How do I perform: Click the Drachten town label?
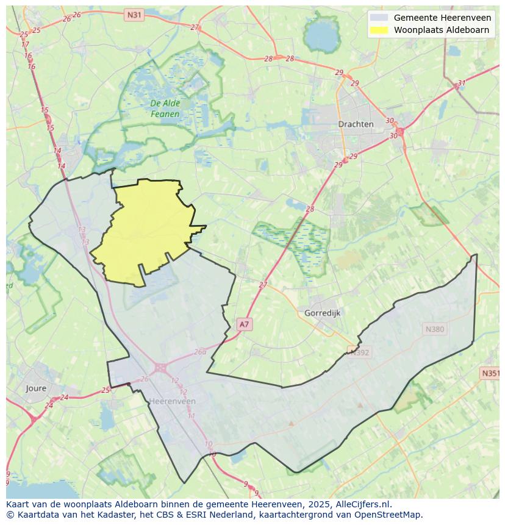click(x=356, y=124)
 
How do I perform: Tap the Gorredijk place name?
click(x=322, y=313)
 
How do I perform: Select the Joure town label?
click(x=36, y=388)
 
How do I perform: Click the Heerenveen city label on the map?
click(x=172, y=401)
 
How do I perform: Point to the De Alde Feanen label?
click(x=165, y=109)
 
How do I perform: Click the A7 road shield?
click(x=244, y=324)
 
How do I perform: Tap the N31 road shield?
click(x=134, y=14)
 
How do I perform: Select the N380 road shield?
click(x=434, y=329)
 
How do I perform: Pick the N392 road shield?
click(x=359, y=352)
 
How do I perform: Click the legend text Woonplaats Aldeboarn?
click(x=441, y=29)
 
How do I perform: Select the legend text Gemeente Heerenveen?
click(x=442, y=18)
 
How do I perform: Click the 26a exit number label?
click(x=200, y=352)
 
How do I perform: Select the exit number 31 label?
click(x=461, y=84)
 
